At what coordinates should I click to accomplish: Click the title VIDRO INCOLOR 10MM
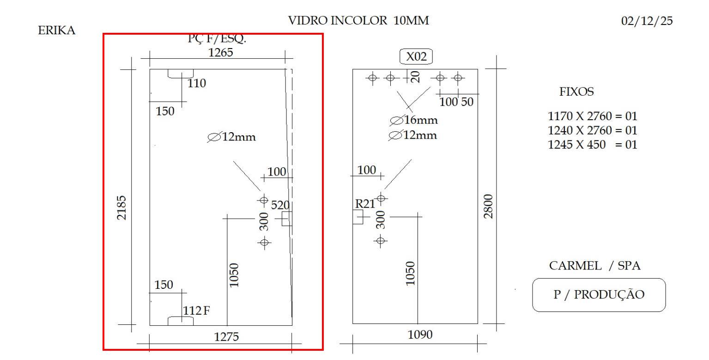tap(358, 20)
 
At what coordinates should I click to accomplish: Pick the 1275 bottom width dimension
tap(226, 337)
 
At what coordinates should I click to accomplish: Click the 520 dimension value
tap(279, 205)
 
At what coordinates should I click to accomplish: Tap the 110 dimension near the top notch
tap(197, 84)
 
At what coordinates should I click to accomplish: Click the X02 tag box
tap(416, 57)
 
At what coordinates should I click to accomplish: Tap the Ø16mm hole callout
tap(413, 121)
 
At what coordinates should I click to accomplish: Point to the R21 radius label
tap(365, 203)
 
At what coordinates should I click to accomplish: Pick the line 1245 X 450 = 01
tap(592, 144)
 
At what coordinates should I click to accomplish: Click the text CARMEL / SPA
tap(594, 266)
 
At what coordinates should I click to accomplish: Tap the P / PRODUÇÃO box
tap(599, 295)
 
